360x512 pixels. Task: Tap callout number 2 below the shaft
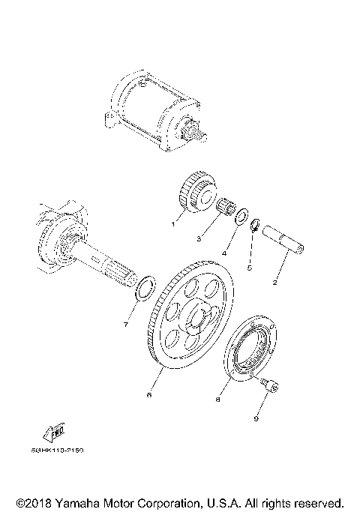(x=274, y=283)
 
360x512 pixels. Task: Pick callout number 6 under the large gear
(x=149, y=394)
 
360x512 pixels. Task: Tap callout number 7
(x=125, y=325)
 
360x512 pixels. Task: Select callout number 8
(x=218, y=400)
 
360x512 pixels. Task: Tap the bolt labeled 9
(x=269, y=386)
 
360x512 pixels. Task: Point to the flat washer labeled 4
(x=240, y=217)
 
